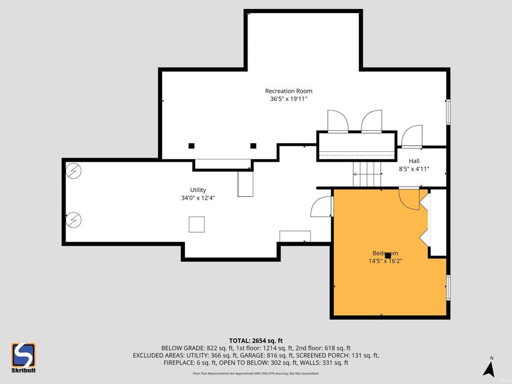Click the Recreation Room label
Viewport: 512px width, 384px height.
click(x=288, y=91)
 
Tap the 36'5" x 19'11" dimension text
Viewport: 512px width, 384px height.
click(x=288, y=99)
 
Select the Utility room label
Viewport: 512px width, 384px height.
click(x=198, y=190)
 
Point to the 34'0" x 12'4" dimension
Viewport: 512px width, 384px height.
click(x=198, y=198)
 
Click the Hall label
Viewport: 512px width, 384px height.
click(x=414, y=161)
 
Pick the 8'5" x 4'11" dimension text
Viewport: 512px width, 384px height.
click(x=414, y=169)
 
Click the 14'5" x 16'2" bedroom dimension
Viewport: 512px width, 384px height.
click(x=385, y=261)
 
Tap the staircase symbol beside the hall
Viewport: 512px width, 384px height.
click(x=366, y=174)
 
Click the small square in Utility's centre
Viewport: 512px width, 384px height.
click(x=197, y=225)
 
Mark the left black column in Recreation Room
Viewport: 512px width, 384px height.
click(x=192, y=146)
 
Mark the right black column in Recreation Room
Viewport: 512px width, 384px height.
click(x=253, y=146)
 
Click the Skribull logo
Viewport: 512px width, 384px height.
click(x=23, y=357)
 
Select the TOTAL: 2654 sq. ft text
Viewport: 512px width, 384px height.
click(x=256, y=340)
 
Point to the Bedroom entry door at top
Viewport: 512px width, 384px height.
click(x=409, y=198)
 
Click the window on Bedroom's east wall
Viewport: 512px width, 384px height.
click(x=448, y=287)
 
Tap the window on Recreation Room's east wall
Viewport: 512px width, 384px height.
click(x=448, y=111)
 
